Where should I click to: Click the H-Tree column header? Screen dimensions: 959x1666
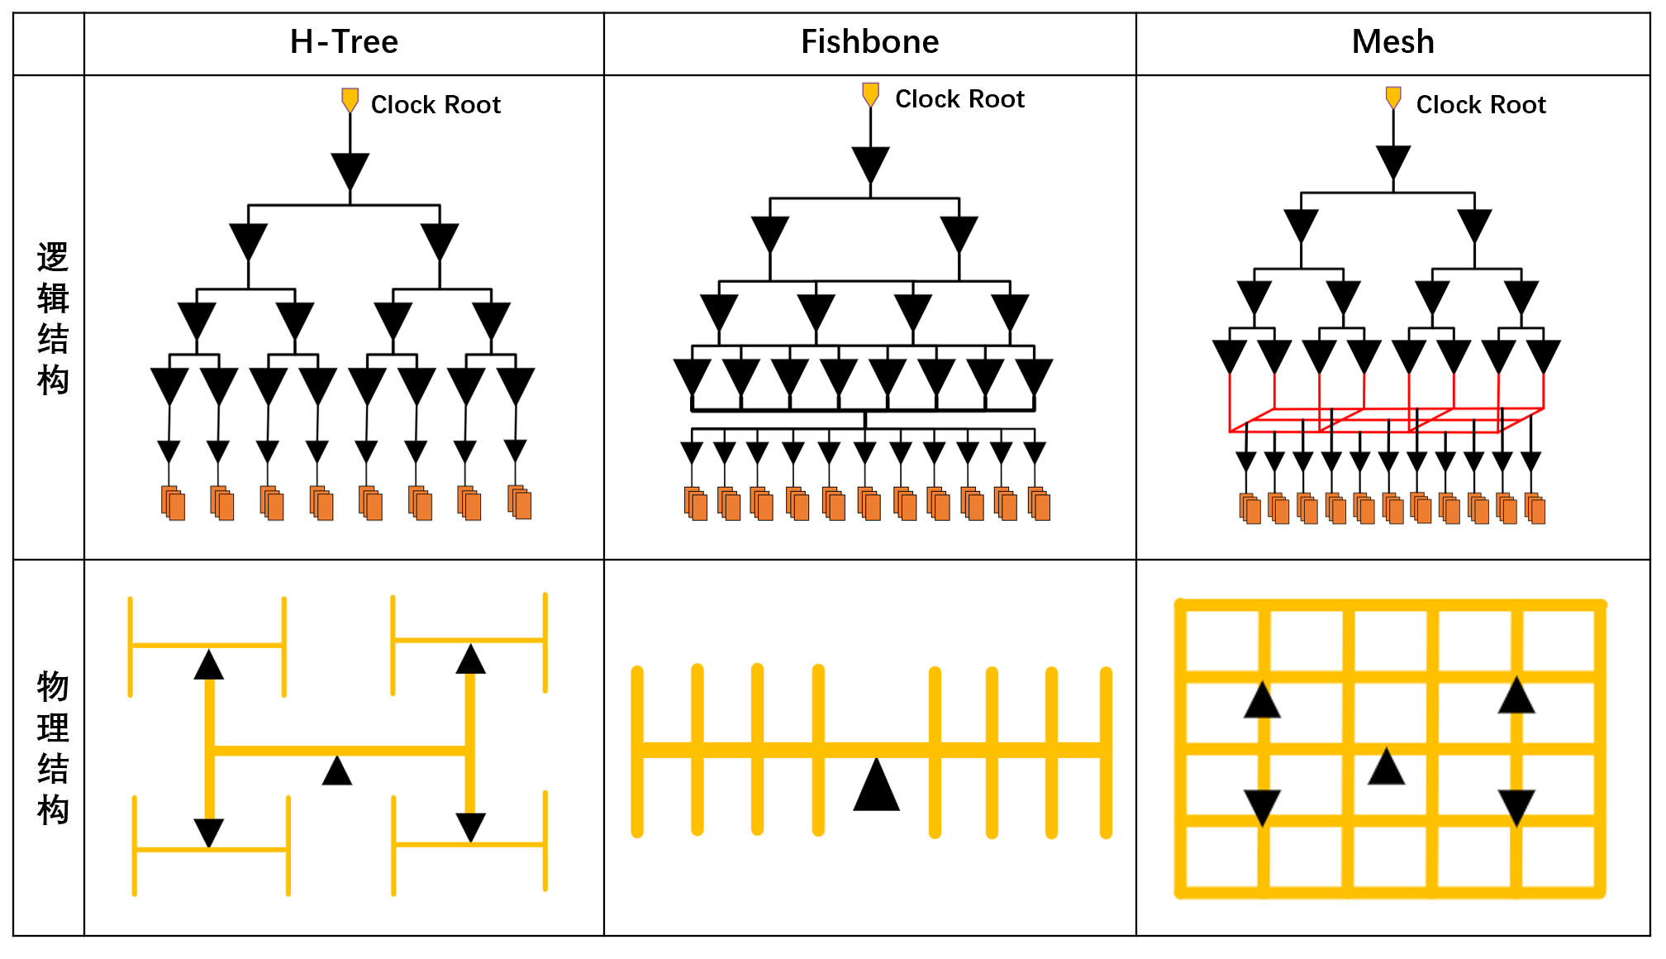coord(344,42)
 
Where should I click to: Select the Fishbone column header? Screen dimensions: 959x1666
coord(869,42)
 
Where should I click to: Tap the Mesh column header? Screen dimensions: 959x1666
coord(1392,42)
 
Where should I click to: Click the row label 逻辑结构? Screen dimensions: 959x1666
coord(52,318)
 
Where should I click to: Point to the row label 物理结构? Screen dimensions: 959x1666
coord(52,747)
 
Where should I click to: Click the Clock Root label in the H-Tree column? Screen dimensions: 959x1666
coord(436,105)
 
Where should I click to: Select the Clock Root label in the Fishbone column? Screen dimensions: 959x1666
coord(959,99)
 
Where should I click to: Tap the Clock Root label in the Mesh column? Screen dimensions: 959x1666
coord(1480,105)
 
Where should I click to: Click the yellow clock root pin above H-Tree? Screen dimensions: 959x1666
coord(350,100)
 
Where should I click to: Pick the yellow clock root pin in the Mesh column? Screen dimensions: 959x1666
coord(1393,98)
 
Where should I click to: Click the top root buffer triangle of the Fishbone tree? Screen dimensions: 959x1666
coord(870,164)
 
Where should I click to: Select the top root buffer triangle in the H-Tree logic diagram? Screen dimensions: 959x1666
coord(350,170)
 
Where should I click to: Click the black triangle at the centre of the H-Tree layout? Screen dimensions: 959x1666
coord(337,771)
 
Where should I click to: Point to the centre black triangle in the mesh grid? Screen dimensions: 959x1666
coord(1386,767)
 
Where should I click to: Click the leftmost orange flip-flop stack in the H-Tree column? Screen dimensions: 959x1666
coord(173,503)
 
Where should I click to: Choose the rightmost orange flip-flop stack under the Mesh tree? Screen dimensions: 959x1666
coord(1535,508)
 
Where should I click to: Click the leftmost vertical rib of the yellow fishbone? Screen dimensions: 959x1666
coord(637,751)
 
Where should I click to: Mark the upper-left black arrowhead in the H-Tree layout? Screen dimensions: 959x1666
coord(209,665)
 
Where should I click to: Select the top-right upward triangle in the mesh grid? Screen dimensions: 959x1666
coord(1516,696)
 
